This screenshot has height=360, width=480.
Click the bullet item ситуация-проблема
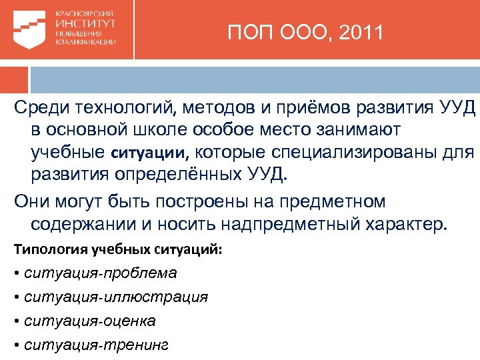[x=100, y=273]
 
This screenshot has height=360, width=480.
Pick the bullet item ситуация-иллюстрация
[x=115, y=297]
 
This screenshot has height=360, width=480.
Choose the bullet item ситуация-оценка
[x=89, y=321]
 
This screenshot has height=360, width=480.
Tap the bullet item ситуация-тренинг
[x=96, y=345]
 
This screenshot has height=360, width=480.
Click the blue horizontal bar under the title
[x=307, y=79]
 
